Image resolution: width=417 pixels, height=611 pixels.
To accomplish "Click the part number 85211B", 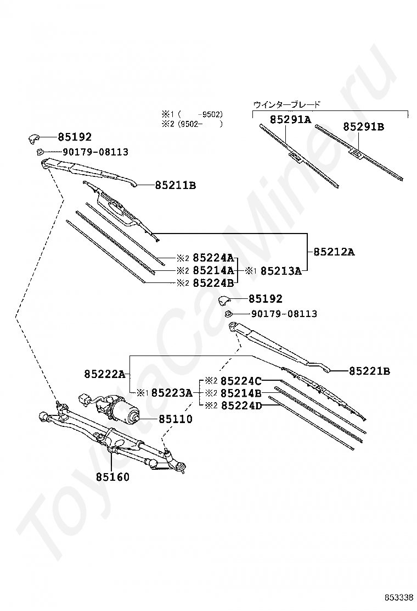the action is (x=176, y=186).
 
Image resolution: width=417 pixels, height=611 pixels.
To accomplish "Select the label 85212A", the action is (x=334, y=252).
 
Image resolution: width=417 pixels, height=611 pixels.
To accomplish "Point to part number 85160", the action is (x=113, y=477).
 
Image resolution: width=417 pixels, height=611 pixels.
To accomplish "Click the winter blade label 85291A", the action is (x=291, y=120).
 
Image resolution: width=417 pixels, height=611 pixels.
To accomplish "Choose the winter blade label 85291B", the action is (x=363, y=126).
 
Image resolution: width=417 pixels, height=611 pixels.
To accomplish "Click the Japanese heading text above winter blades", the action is (x=286, y=104).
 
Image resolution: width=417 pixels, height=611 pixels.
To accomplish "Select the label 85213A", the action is (x=281, y=271).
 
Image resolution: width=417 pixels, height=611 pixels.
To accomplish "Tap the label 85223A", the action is (x=172, y=393).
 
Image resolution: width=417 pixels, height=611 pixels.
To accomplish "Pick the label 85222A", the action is (x=105, y=375).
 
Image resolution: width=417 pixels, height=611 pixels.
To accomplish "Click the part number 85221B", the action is (x=369, y=371).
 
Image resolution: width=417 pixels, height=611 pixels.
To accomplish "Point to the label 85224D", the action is (x=241, y=406).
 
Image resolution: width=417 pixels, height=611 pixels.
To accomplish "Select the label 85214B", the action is (x=241, y=393).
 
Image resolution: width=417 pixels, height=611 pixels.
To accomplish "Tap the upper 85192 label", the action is (x=75, y=137).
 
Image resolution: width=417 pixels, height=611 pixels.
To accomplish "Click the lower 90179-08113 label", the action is (x=284, y=314).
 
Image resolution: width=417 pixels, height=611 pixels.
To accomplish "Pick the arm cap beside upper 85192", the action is (x=34, y=138).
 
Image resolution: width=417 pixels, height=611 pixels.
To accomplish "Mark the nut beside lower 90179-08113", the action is (x=229, y=314).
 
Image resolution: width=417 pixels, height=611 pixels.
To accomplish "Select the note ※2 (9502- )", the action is (x=192, y=124).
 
